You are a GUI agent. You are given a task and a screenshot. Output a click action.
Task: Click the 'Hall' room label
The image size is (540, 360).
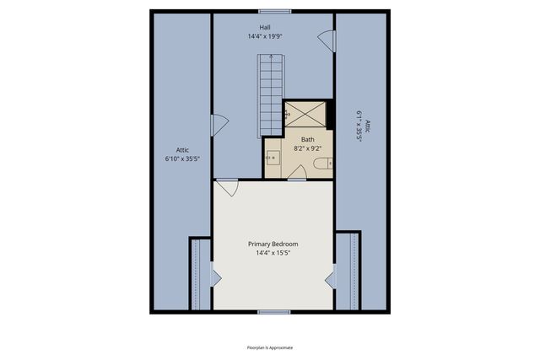click(x=265, y=27)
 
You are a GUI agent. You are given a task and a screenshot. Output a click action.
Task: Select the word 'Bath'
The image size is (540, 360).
click(x=308, y=139)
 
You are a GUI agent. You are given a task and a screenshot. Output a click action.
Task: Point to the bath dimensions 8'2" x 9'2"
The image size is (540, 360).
click(x=308, y=148)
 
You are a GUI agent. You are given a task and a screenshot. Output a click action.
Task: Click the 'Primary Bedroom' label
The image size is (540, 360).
click(x=273, y=244)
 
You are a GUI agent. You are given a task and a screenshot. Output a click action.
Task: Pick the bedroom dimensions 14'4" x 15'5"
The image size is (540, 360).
click(x=273, y=253)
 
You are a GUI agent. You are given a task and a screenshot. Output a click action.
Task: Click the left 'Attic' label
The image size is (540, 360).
click(x=181, y=150)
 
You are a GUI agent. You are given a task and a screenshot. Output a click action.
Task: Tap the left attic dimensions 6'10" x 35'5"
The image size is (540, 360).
click(x=181, y=159)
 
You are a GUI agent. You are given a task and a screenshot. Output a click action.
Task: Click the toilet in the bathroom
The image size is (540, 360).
click(x=321, y=164)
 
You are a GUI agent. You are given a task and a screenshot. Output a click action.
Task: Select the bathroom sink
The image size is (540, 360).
click(x=273, y=157)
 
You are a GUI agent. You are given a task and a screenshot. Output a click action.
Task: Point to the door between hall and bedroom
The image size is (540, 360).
click(x=226, y=187)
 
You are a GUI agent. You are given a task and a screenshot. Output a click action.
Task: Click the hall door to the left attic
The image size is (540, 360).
click(x=219, y=126)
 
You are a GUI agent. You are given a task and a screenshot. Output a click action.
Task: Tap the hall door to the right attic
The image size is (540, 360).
click(x=326, y=38)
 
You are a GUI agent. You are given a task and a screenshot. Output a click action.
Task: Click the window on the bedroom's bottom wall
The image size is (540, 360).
click(x=274, y=312)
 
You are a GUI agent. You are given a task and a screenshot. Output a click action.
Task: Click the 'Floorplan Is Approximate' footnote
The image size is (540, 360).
click(x=270, y=347)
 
